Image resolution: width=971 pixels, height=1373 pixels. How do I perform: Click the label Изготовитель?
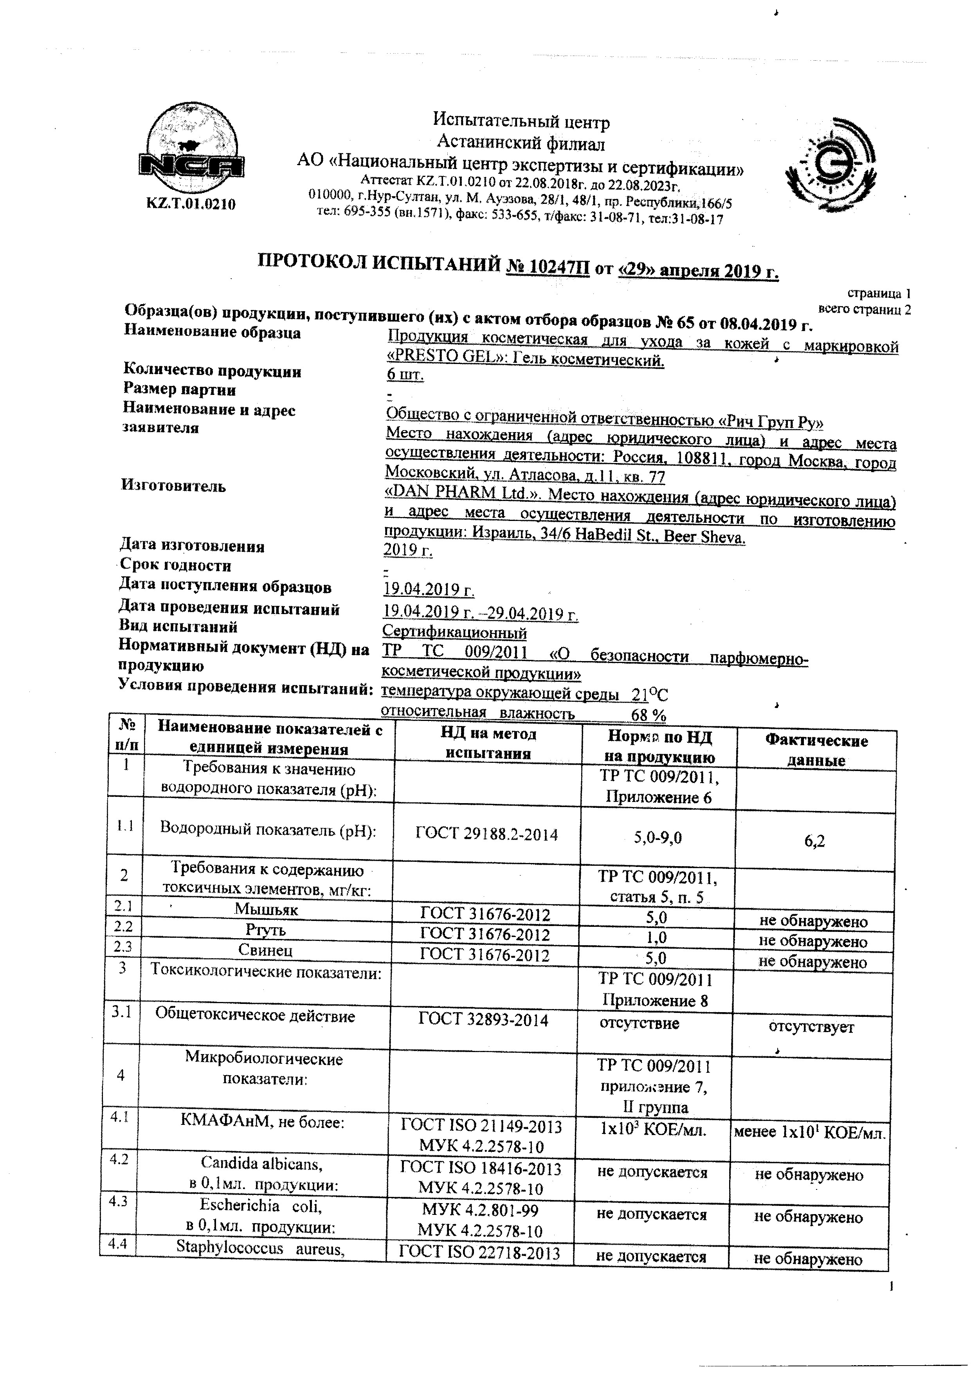coord(173,486)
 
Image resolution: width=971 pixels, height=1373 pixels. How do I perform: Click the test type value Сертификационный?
coord(454,632)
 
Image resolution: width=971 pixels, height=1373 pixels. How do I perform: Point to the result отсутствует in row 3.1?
coord(811,1027)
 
